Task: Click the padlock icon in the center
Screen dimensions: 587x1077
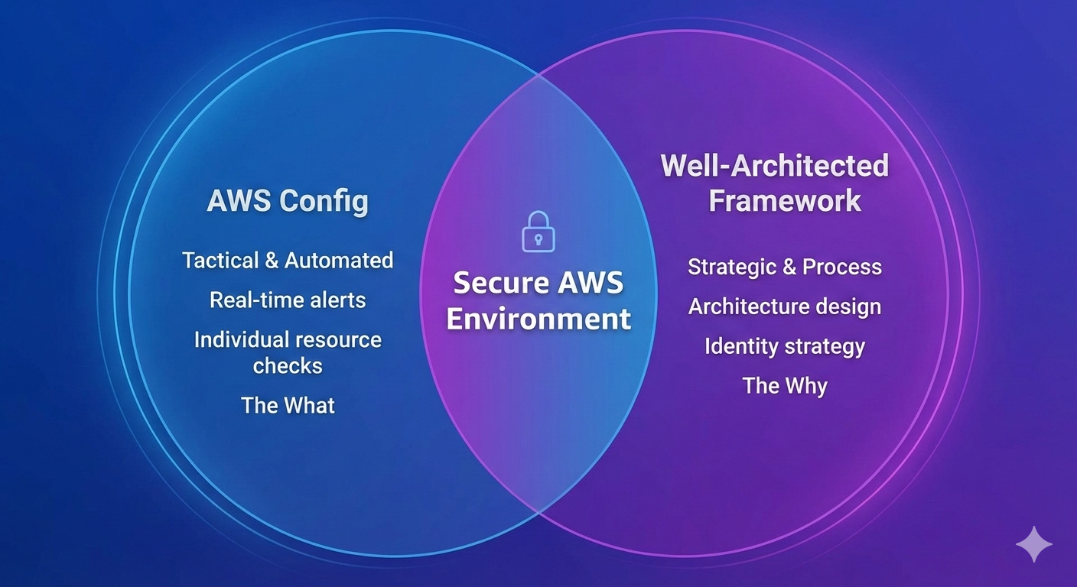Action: click(538, 232)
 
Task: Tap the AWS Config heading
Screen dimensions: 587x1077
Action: click(288, 201)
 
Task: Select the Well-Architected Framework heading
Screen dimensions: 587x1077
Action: click(774, 183)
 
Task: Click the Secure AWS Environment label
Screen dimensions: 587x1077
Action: click(538, 300)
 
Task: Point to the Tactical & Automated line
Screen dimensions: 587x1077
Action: click(288, 261)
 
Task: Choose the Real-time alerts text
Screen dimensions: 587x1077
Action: click(288, 300)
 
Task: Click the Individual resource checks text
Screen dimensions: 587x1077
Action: click(288, 352)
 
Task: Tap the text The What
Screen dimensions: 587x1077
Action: click(288, 405)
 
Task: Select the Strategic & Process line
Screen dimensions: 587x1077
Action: click(785, 267)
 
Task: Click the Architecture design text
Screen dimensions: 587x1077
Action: click(785, 306)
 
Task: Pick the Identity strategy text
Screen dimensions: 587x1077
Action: click(785, 346)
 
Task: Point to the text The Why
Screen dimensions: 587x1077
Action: click(785, 385)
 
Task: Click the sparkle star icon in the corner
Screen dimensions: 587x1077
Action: click(1033, 544)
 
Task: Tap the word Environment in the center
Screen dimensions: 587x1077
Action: click(538, 319)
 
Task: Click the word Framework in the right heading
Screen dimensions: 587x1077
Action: click(785, 201)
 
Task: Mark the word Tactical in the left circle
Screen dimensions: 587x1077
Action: click(220, 261)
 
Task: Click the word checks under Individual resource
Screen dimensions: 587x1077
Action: click(288, 366)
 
